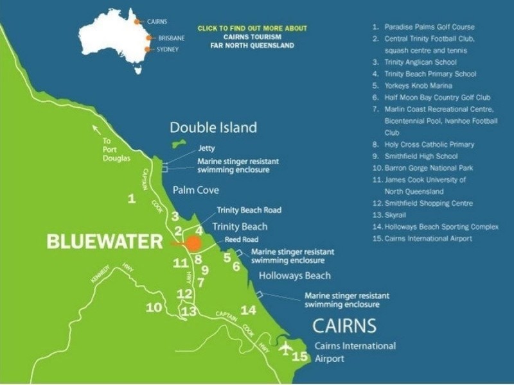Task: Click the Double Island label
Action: (213, 127)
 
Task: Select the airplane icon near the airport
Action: (286, 348)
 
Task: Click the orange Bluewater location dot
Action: (194, 243)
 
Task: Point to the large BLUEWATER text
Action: (105, 242)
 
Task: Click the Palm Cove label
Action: (195, 191)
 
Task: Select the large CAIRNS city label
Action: (344, 325)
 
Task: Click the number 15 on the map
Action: (300, 357)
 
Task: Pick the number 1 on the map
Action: (132, 199)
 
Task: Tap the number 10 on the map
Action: (154, 308)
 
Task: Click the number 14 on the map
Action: (248, 311)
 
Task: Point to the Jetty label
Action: (206, 148)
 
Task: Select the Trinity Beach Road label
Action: (249, 210)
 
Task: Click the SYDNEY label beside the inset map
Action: (168, 49)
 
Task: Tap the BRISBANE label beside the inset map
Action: (171, 38)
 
